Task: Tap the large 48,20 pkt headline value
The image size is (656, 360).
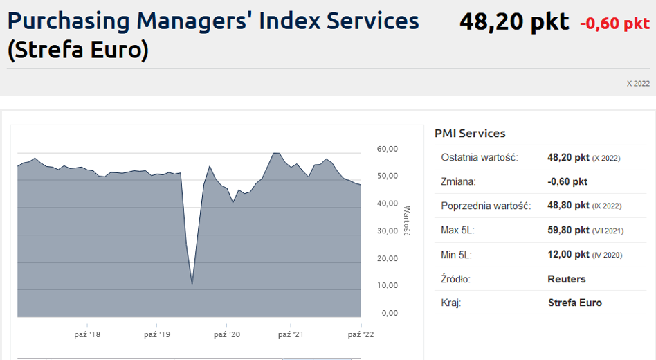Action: [x=514, y=21]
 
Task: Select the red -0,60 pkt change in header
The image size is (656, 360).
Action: [x=614, y=24]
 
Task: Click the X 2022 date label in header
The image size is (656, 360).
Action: [x=638, y=84]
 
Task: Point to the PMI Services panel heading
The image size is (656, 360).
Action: [x=470, y=134]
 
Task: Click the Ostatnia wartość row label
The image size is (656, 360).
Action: [x=480, y=157]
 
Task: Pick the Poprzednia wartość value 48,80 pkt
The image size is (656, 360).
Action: [x=568, y=206]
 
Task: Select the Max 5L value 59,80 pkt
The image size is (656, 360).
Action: [x=568, y=231]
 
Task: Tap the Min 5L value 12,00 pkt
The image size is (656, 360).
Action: [x=568, y=255]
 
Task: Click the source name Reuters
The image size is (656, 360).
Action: [x=567, y=279]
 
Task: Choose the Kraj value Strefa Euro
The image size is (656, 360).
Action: [x=575, y=303]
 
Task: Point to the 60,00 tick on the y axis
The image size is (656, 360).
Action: [x=388, y=149]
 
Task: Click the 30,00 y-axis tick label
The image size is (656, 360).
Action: [x=388, y=231]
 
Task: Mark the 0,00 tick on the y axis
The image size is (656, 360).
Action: [x=390, y=313]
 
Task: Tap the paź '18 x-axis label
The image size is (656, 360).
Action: [x=87, y=334]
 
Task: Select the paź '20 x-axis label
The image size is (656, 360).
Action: [x=227, y=334]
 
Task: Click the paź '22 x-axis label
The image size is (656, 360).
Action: [x=361, y=334]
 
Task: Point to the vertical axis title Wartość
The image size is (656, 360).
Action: [x=407, y=221]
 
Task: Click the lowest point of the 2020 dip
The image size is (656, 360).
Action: [x=192, y=284]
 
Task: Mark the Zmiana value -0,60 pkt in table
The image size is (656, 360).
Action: [x=567, y=181]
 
